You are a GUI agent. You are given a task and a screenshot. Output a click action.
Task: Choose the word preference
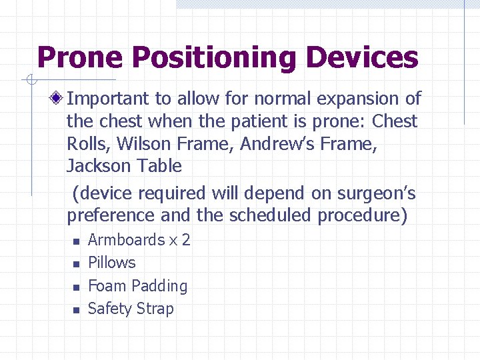tap(111, 216)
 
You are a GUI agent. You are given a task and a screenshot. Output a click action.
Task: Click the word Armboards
tap(127, 240)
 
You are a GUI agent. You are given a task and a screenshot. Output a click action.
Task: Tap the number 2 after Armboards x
tap(186, 240)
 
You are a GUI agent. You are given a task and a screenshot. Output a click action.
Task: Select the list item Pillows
tap(112, 263)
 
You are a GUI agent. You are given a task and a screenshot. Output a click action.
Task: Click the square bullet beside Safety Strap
tap(76, 310)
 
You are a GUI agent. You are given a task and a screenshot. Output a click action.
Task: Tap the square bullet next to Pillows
tap(76, 264)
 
